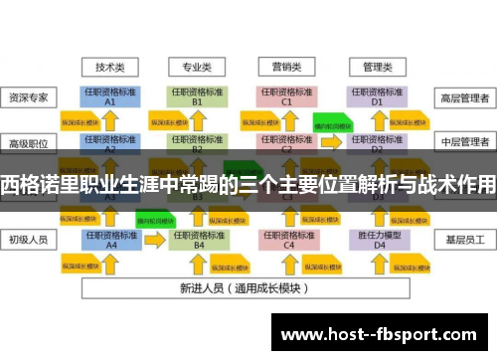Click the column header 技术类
110,67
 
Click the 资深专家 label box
30,97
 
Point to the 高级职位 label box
30,142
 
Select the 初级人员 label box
30,239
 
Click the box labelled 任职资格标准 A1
110,96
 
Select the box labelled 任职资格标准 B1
197,96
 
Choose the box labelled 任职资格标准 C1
286,96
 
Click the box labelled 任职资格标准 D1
376,96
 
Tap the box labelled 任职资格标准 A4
110,240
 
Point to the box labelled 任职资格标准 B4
198,240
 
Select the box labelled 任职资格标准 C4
288,240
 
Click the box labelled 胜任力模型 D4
376,240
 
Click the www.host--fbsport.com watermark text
382,335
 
